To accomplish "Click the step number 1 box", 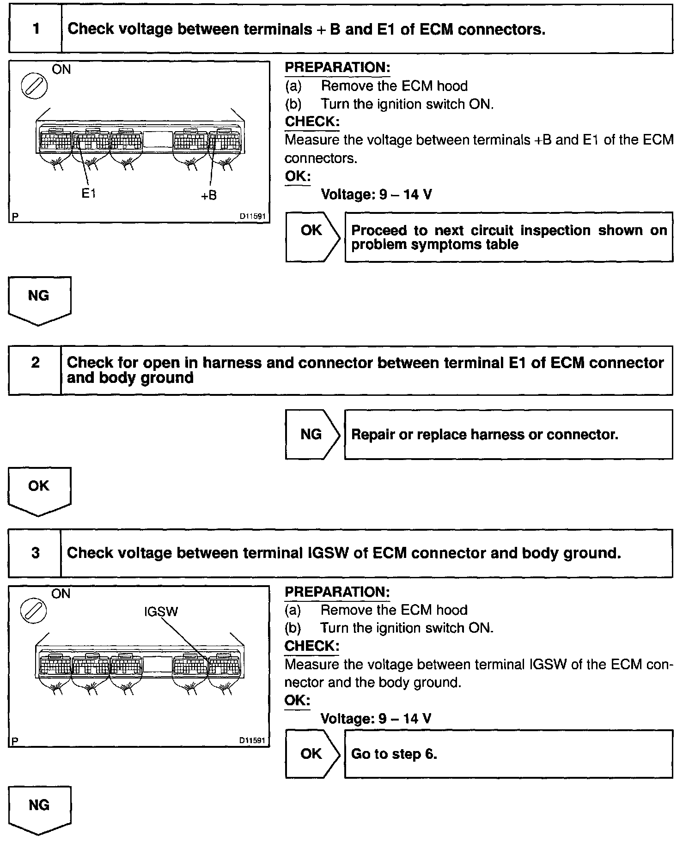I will click(x=36, y=29).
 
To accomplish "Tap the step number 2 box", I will click(x=36, y=363).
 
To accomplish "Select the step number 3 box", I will click(x=36, y=553).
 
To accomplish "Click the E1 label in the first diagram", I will click(x=89, y=194).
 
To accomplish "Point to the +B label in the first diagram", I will click(x=208, y=195).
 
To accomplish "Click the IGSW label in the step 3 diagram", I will click(x=161, y=612).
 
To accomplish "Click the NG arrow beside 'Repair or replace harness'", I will click(x=312, y=434).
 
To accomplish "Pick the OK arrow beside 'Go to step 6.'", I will click(x=312, y=754).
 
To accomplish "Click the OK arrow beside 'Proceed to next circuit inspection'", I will click(x=312, y=236).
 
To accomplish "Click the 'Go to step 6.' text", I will click(x=394, y=754).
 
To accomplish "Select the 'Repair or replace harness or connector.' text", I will click(x=484, y=435).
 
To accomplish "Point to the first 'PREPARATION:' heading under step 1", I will click(x=337, y=67).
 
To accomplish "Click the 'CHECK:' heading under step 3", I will click(x=312, y=646).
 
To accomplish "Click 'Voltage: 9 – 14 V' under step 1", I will click(x=376, y=194).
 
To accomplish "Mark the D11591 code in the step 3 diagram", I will click(x=252, y=740).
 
